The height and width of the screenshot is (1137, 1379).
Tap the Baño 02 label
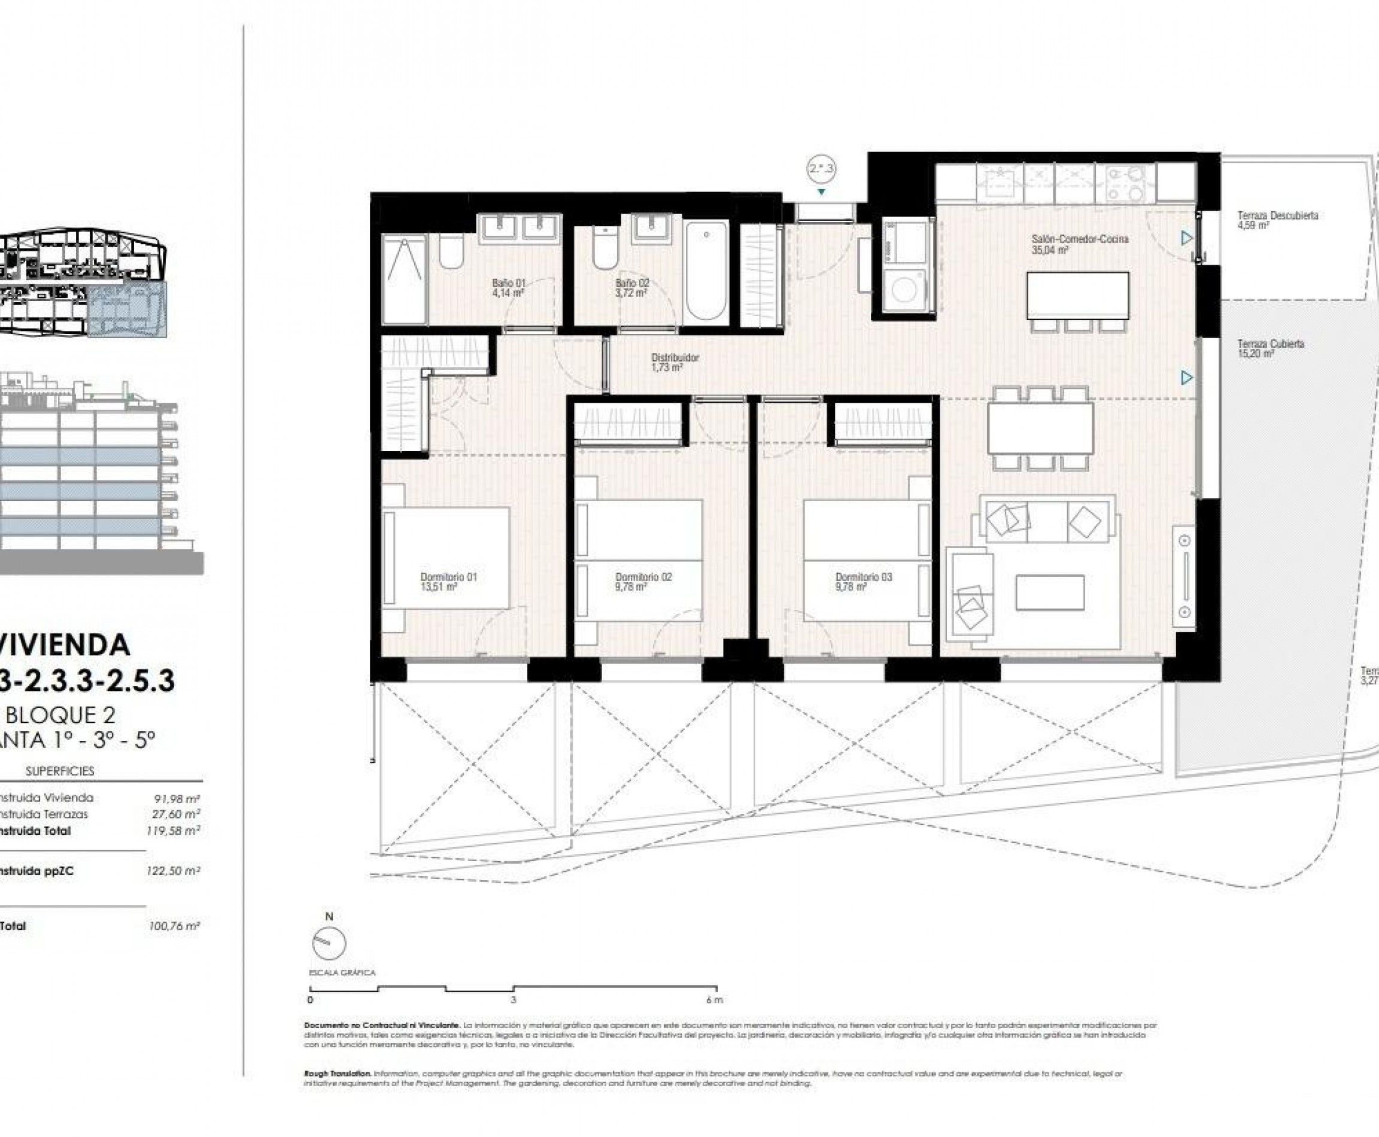tap(631, 288)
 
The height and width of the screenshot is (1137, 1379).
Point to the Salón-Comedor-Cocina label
tap(1079, 244)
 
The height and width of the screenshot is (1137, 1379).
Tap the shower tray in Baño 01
tap(404, 279)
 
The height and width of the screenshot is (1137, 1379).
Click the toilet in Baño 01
tap(451, 253)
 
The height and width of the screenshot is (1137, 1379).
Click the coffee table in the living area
tap(1049, 592)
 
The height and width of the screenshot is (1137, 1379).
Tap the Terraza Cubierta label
tap(1270, 348)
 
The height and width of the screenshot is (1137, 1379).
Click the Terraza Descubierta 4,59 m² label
tap(1277, 220)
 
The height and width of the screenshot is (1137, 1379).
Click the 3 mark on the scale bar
tap(514, 1000)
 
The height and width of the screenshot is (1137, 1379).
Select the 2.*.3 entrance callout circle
tap(821, 169)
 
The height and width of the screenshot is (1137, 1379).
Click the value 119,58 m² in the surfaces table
tap(173, 831)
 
